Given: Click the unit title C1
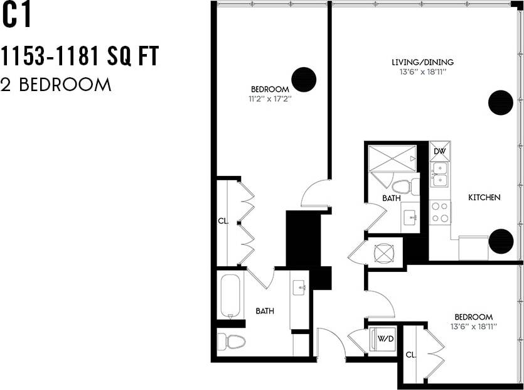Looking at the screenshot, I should [16, 17].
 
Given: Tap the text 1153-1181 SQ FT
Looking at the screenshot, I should [79, 57].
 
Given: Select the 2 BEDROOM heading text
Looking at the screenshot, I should [56, 85].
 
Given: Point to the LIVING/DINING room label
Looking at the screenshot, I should [422, 62].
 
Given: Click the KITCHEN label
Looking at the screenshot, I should [484, 198].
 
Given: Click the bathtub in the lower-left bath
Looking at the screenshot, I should [230, 296].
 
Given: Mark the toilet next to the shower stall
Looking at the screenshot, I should [402, 186].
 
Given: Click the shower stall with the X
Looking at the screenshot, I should [392, 157].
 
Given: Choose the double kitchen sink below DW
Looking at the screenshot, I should [440, 174].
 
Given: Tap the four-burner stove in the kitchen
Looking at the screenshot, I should [440, 212].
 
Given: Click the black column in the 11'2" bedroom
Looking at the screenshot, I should [304, 80].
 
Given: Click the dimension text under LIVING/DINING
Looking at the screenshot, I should [422, 72].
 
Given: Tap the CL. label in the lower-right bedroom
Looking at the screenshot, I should [410, 355].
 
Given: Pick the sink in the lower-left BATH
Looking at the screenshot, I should [299, 288].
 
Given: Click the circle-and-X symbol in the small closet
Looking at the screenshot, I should [383, 252].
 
